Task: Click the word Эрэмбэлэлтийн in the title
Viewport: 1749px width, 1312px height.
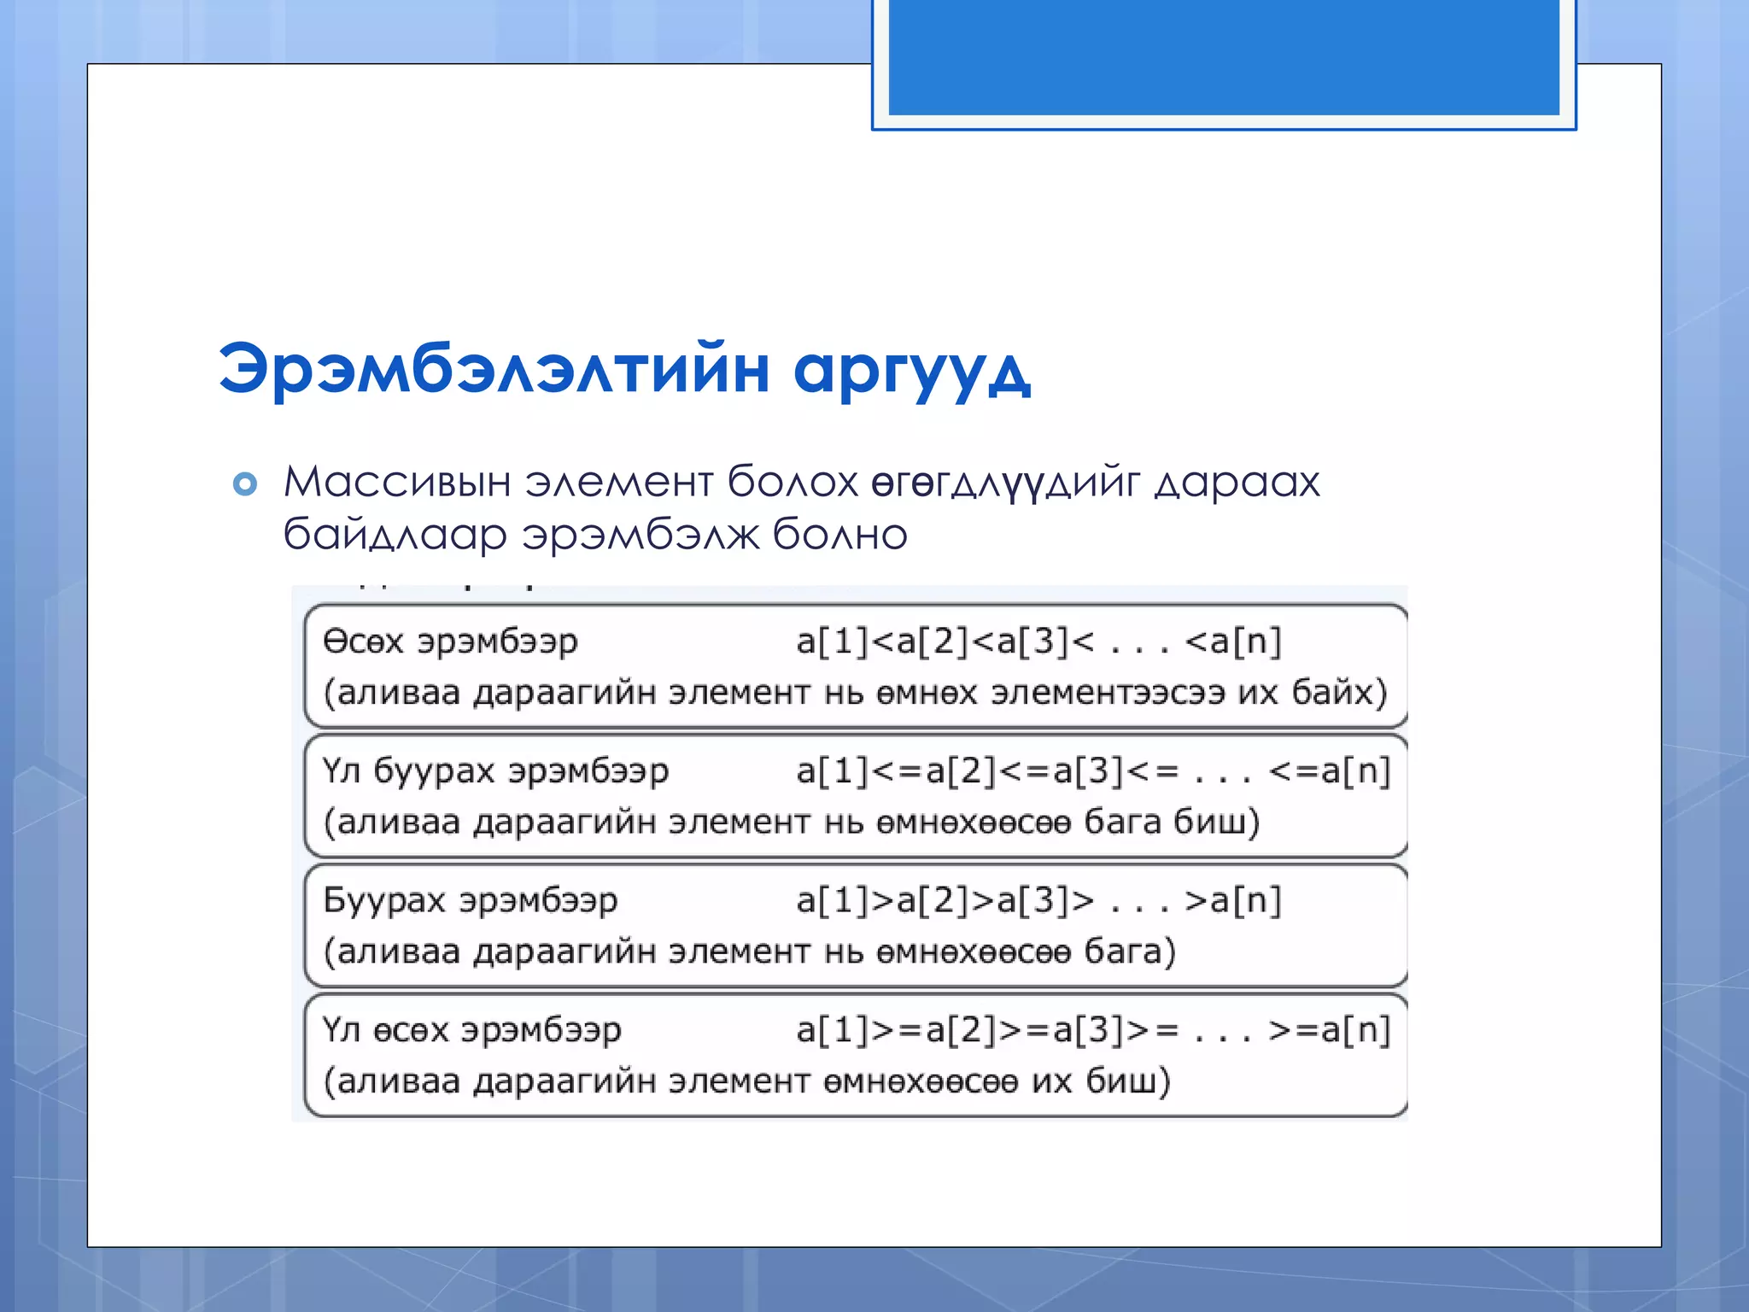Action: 495,369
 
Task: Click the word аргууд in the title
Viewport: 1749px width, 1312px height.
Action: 912,371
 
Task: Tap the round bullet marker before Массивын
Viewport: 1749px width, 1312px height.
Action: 245,484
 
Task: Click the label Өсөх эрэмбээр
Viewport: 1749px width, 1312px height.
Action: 450,641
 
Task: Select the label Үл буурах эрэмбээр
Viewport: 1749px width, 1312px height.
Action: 495,770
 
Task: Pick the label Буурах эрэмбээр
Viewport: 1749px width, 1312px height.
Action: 470,900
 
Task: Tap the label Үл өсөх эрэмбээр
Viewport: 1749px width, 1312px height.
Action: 471,1030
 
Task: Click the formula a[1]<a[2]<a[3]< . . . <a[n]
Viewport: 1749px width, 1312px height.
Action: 1038,641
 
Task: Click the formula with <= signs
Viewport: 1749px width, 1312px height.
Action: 1093,770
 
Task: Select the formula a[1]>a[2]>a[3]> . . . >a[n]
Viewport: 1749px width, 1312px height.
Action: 1038,900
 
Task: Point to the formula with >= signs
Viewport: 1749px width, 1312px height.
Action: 1093,1030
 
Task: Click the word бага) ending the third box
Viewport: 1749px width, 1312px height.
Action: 1130,952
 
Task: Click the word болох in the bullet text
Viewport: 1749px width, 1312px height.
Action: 793,482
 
